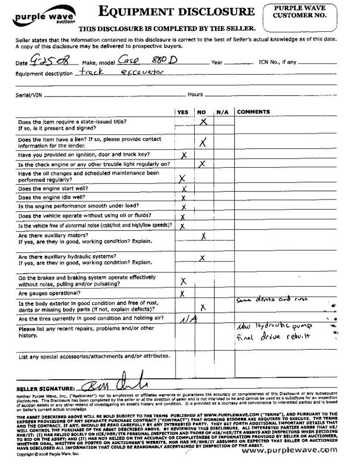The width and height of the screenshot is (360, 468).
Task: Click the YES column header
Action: coord(182,113)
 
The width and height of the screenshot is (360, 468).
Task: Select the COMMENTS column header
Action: coord(253,113)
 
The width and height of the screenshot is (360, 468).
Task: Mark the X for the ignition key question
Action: coord(184,155)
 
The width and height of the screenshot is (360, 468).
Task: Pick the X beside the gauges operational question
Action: coord(183,294)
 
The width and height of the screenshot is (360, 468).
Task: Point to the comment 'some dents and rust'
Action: coord(272,300)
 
